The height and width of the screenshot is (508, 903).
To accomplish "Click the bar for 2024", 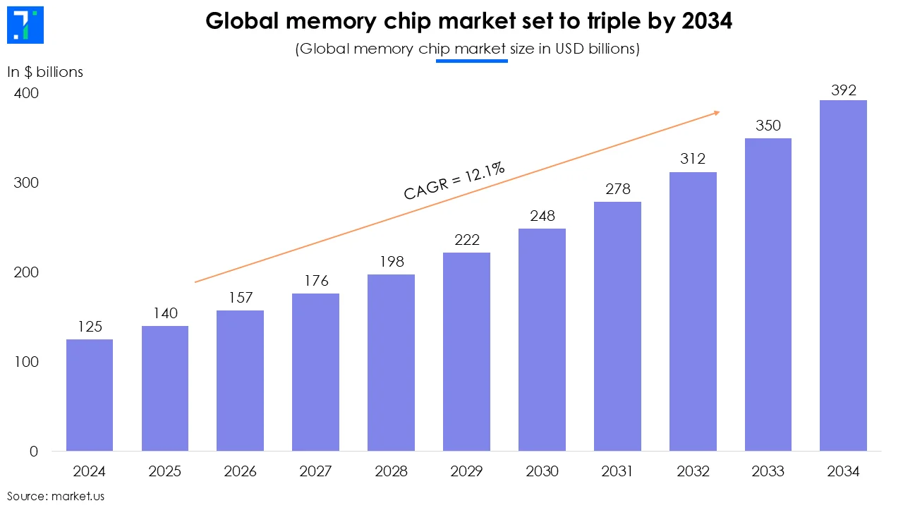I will tap(90, 395).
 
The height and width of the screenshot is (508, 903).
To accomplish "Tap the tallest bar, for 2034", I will tap(843, 275).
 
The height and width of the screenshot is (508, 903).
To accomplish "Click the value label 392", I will tap(843, 90).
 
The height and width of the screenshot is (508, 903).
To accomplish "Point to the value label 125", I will tap(90, 327).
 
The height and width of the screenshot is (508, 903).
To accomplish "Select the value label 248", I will tap(542, 215).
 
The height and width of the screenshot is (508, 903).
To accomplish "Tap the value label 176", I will tap(316, 281).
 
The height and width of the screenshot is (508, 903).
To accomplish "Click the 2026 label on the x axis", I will tap(241, 471).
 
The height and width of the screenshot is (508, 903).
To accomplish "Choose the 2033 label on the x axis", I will tap(768, 471).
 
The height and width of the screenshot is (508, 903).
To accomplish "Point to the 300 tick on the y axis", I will tap(25, 183).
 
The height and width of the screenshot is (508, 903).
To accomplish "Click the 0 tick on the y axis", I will tap(34, 452).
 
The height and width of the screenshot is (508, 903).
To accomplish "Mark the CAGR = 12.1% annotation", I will tap(454, 181).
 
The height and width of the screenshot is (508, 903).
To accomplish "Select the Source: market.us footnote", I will tap(56, 496).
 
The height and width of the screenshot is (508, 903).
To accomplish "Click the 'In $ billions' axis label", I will tap(45, 72).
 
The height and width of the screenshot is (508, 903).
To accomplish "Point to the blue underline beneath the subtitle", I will tap(471, 61).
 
